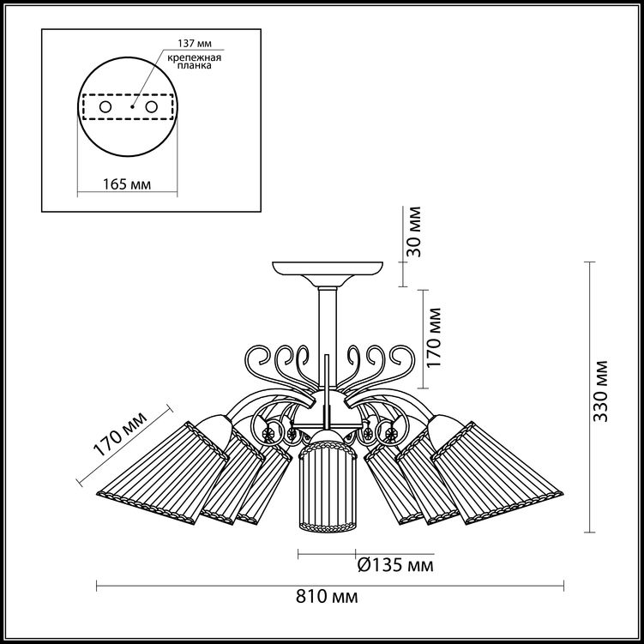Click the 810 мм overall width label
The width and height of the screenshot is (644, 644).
[x=327, y=597]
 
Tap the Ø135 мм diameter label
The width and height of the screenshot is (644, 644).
[x=395, y=565]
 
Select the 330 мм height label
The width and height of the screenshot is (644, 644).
[x=601, y=391]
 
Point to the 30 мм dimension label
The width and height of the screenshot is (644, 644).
[x=413, y=232]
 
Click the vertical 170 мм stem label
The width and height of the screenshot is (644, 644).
[x=434, y=338]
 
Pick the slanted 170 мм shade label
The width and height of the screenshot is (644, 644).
[x=120, y=434]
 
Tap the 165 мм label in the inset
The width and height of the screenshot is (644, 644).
[x=127, y=184]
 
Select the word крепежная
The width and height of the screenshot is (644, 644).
[x=195, y=57]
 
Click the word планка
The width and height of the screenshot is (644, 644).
[x=195, y=65]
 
